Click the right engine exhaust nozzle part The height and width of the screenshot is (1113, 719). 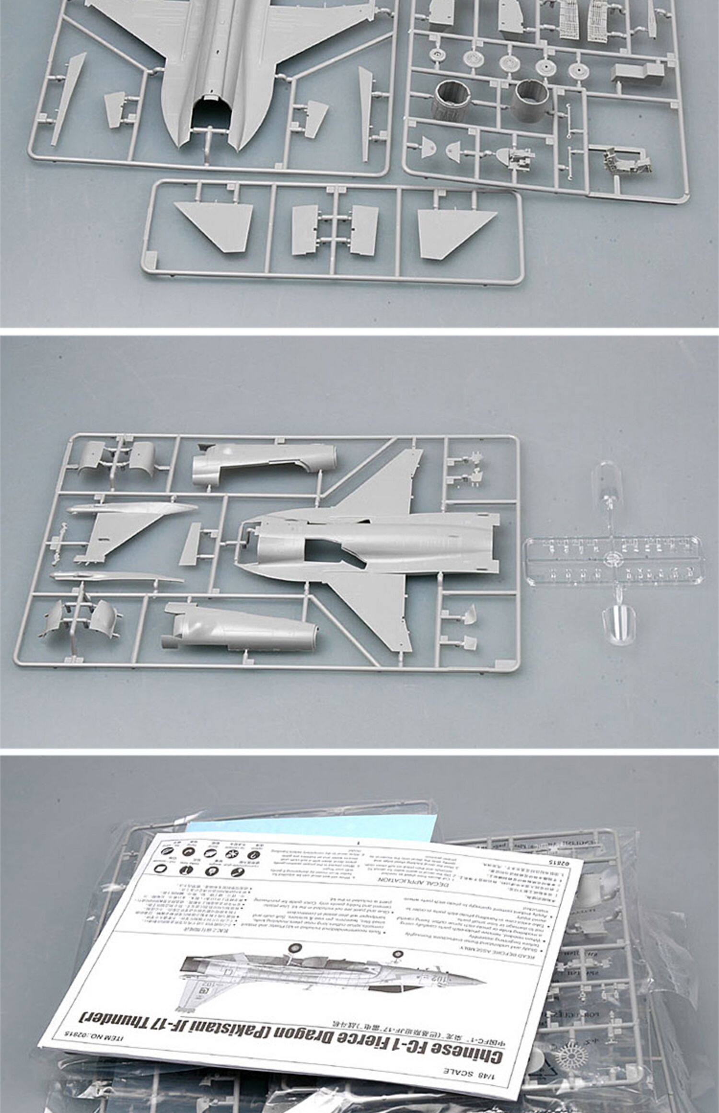pos(530,99)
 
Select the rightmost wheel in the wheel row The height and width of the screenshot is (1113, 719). pos(578,70)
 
